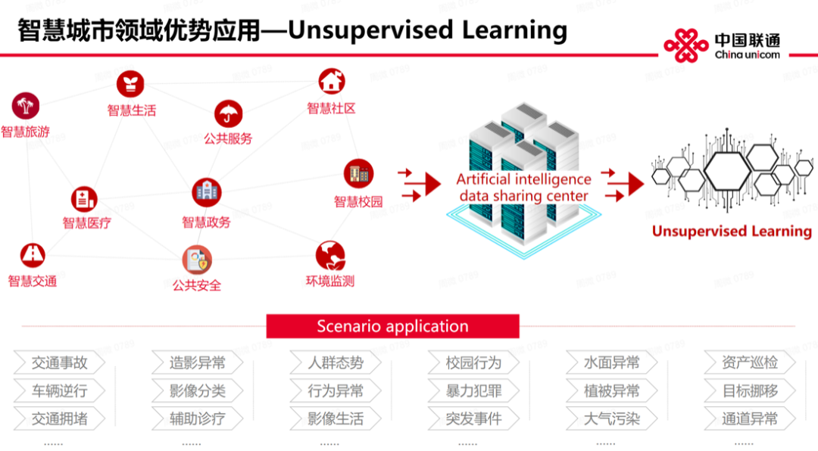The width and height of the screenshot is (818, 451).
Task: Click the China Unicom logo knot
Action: click(x=686, y=46)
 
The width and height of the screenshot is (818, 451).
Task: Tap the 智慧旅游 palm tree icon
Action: click(x=25, y=106)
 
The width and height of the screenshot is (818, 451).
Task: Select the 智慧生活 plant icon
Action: click(x=130, y=84)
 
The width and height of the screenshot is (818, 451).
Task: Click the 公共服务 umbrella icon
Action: click(x=228, y=114)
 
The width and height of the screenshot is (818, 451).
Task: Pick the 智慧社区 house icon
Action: click(x=331, y=82)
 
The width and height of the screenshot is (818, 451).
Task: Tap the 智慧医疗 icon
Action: click(x=84, y=200)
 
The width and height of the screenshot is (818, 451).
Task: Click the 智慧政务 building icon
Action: click(x=206, y=192)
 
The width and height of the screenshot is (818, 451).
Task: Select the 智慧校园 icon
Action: click(x=358, y=173)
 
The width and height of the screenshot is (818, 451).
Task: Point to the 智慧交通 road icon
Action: click(x=32, y=256)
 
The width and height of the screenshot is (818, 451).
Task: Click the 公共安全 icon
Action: click(x=197, y=260)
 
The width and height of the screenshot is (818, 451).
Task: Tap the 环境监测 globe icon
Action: click(x=330, y=256)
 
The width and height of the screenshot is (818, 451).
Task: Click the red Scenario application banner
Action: click(x=392, y=327)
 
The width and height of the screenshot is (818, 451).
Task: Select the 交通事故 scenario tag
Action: click(x=59, y=363)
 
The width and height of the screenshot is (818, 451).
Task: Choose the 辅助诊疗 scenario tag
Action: click(x=197, y=418)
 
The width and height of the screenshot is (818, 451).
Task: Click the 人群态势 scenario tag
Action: click(x=336, y=363)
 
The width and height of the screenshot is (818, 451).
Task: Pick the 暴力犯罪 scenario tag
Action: click(x=473, y=391)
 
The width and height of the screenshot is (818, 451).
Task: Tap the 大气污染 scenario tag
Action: click(x=611, y=418)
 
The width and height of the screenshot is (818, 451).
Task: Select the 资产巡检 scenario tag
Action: click(x=749, y=363)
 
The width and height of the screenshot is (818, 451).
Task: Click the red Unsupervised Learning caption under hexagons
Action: click(x=732, y=231)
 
